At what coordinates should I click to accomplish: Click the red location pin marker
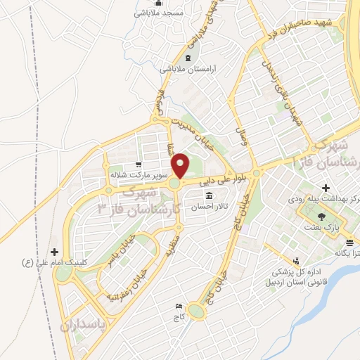point(181,166)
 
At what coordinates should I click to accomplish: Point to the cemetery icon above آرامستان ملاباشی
point(187,58)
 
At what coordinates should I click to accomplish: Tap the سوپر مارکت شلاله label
point(137,174)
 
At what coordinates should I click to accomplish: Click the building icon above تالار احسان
point(209,195)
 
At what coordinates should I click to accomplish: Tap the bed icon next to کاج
point(178,307)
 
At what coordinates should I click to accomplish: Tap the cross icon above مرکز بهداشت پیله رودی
point(325,188)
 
